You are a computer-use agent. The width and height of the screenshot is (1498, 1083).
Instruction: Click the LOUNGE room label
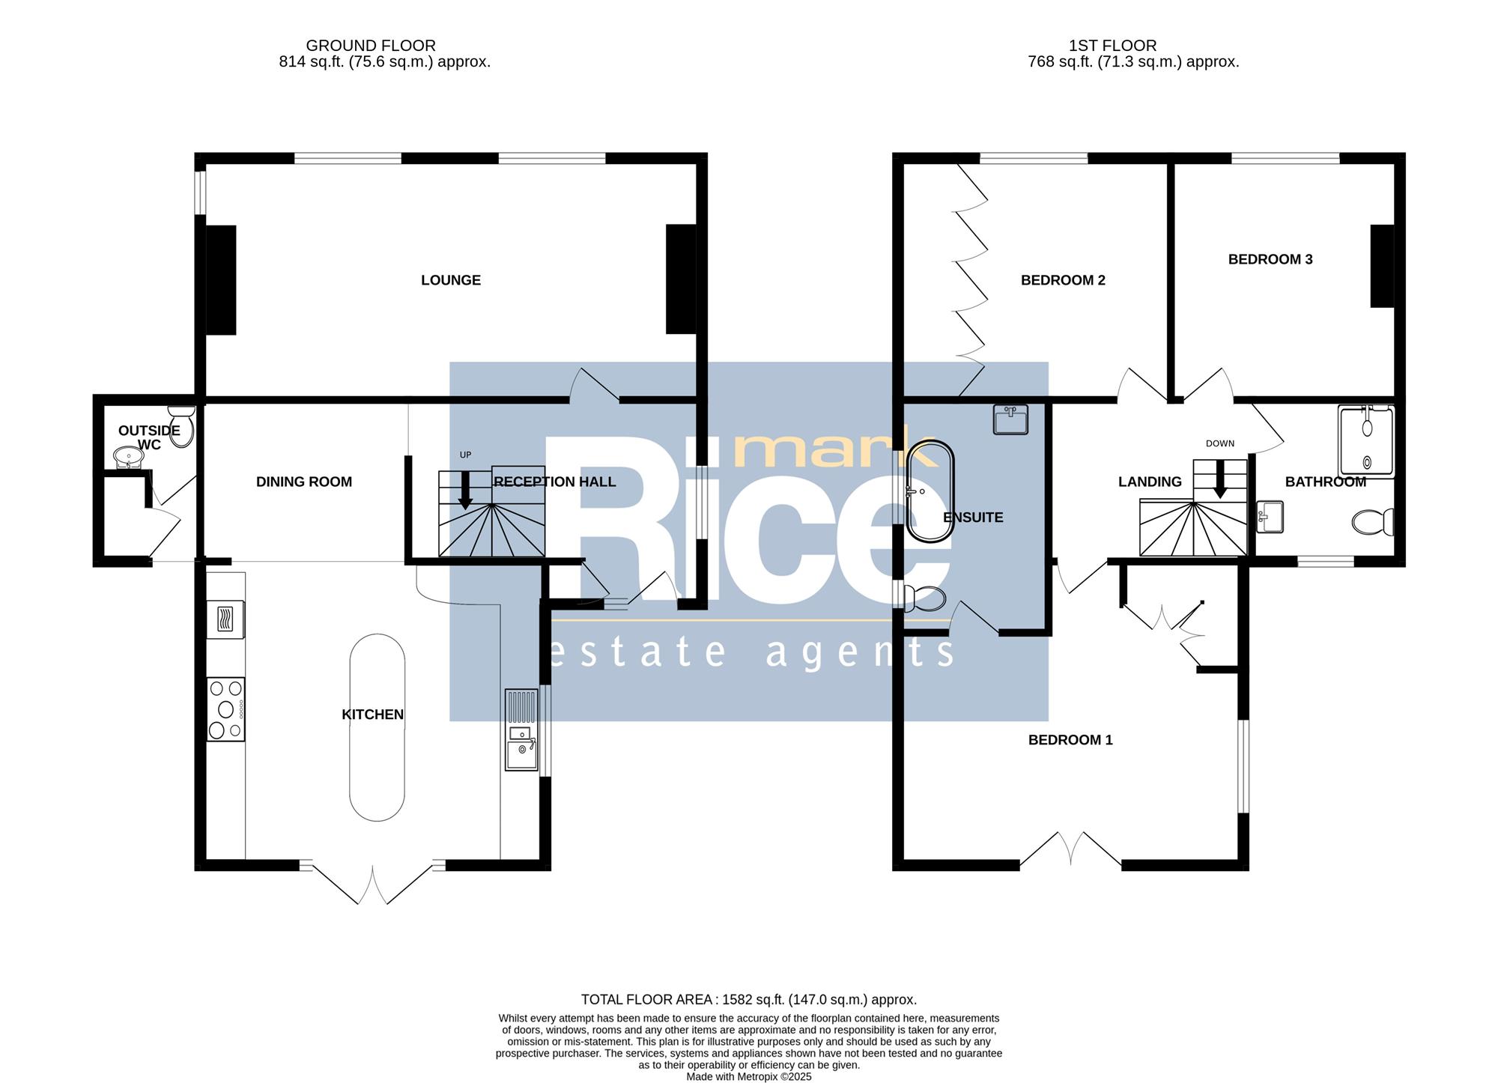[451, 280]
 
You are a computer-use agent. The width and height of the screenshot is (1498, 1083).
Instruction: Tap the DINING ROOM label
[304, 482]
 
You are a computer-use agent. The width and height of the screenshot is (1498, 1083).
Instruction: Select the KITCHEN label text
[373, 715]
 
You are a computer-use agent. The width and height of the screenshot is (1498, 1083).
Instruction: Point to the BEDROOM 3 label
[1270, 259]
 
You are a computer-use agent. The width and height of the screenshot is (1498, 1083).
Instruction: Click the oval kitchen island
[377, 727]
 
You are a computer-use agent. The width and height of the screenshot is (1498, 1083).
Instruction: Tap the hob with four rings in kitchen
[225, 709]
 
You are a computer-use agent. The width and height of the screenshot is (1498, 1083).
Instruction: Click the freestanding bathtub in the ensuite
[930, 491]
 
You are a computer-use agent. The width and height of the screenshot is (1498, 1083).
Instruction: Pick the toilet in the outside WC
[181, 427]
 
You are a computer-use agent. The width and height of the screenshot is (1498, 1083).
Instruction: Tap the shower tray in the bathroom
[1367, 442]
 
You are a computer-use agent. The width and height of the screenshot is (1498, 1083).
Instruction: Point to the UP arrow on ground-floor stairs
[465, 491]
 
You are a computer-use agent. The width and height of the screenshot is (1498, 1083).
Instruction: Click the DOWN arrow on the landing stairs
[1219, 479]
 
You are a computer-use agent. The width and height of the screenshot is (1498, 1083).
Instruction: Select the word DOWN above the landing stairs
[1220, 443]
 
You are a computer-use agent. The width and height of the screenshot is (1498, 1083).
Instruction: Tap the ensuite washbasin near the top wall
[1010, 419]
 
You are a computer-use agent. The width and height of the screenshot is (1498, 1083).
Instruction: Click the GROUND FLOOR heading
[371, 46]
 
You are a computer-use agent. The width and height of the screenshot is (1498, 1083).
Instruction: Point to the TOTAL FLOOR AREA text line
[749, 999]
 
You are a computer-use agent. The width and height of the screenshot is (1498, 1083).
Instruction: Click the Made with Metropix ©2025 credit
[749, 1077]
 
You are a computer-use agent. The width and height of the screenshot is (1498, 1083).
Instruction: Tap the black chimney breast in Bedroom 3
[1383, 266]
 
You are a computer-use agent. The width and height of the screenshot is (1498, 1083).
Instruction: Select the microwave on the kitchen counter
[225, 619]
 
